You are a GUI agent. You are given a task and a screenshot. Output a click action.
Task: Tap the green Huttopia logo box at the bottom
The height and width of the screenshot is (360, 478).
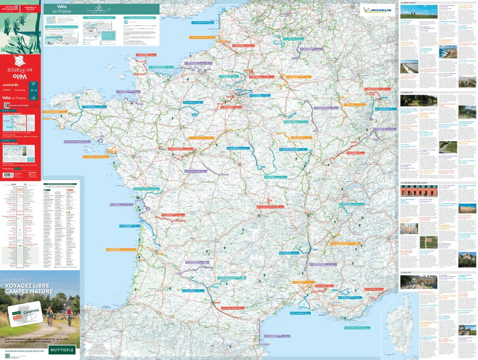click(62, 350)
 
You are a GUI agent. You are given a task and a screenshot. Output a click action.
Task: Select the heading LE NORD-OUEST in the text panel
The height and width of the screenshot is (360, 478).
click(409, 3)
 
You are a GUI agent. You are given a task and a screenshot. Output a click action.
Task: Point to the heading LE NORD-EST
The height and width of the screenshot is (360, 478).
click(409, 92)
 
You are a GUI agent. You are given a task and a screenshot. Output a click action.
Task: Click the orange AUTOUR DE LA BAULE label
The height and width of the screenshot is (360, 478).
click(94, 157)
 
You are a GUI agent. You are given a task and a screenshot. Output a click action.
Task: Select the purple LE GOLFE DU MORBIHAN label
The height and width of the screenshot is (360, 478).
click(77, 141)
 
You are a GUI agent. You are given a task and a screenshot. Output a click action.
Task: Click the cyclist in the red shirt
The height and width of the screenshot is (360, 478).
click(69, 314)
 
